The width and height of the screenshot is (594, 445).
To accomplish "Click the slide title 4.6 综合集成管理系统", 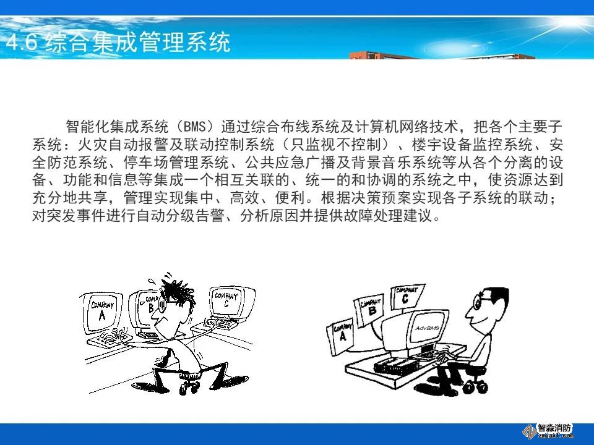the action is (x=118, y=42).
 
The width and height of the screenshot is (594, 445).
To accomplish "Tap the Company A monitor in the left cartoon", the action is (x=101, y=313).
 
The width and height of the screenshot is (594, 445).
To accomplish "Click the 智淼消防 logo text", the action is (x=554, y=428).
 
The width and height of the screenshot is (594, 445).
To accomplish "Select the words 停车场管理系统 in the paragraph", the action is (x=176, y=163).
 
